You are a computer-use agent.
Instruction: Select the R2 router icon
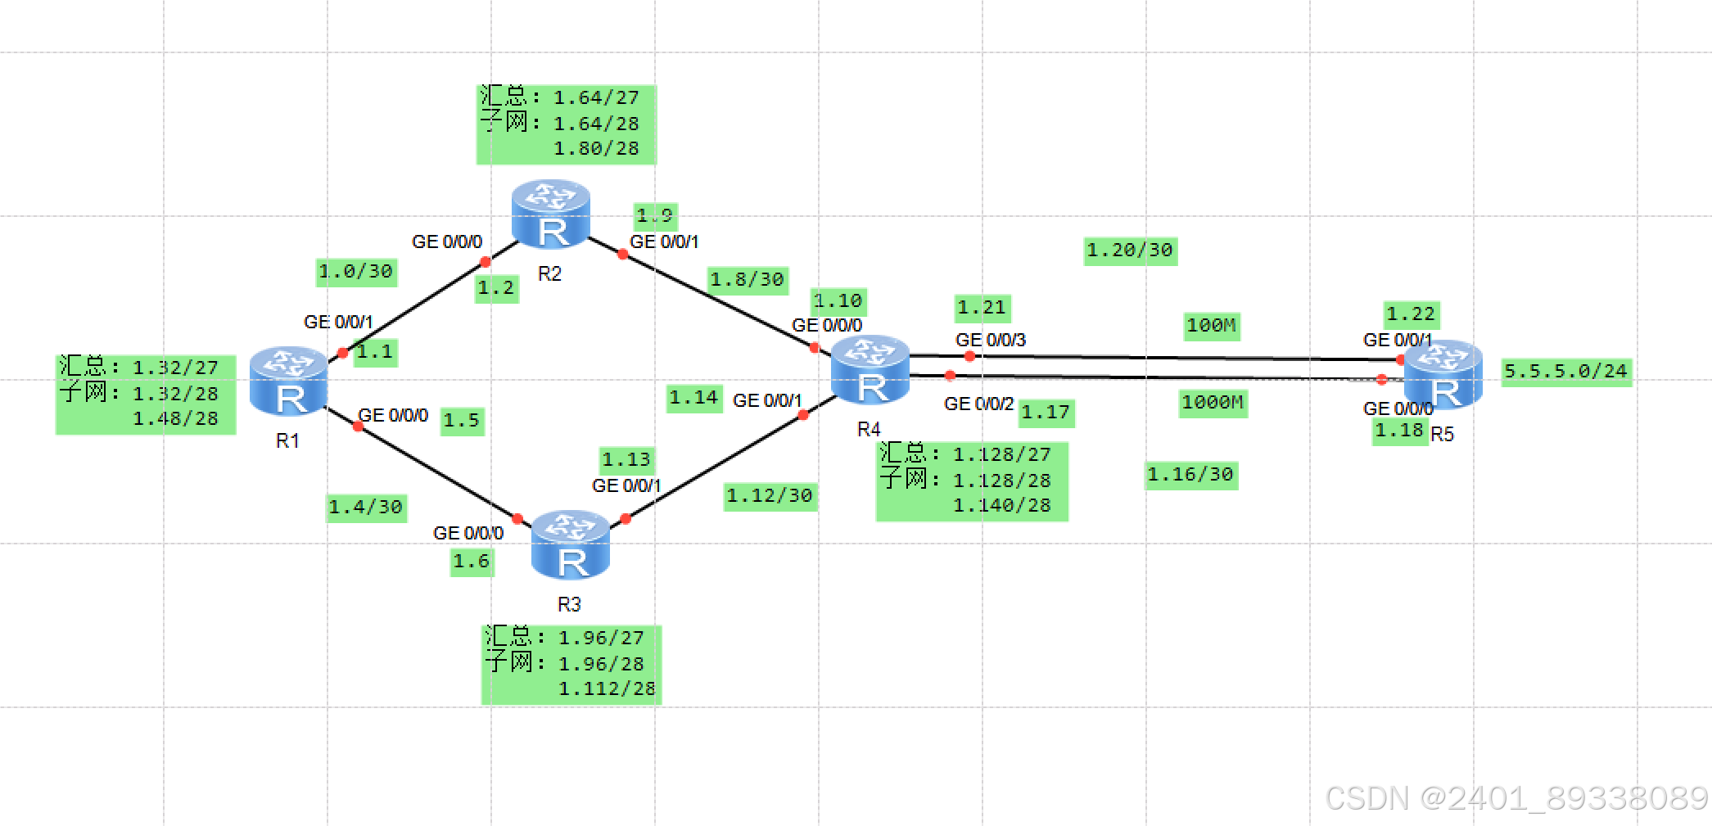tap(550, 214)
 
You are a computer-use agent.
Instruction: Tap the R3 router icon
tap(570, 544)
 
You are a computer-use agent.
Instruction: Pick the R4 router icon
tap(870, 370)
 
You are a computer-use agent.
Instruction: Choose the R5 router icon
tap(1443, 374)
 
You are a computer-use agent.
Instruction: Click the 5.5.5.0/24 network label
tap(1565, 372)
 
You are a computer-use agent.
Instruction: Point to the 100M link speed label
tap(1211, 326)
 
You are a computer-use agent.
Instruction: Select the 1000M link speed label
tap(1213, 403)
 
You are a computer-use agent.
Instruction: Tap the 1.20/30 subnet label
tap(1130, 251)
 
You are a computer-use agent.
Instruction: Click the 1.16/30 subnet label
tap(1190, 475)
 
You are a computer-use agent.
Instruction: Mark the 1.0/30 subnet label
tap(356, 272)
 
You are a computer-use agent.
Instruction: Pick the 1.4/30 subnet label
tap(366, 508)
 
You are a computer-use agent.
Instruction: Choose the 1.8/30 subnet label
tap(747, 280)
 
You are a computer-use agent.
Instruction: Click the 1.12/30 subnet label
tap(770, 496)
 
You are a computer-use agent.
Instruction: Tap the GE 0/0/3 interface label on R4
tap(990, 340)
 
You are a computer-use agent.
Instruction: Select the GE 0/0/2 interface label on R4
tap(978, 404)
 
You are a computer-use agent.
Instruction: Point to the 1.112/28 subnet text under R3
tap(607, 689)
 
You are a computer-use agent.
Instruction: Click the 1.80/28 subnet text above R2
tap(596, 149)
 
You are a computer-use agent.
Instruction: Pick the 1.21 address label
tap(982, 308)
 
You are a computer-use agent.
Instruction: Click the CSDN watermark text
tap(1516, 797)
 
